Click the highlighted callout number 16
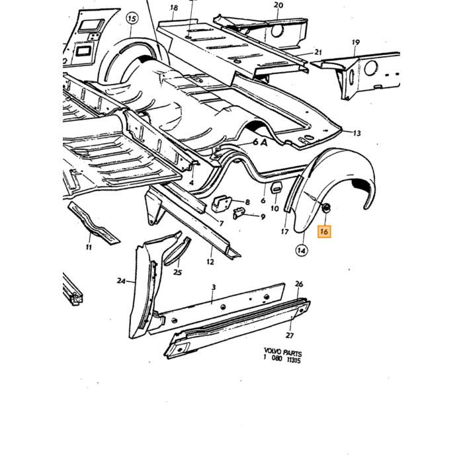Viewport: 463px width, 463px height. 324,232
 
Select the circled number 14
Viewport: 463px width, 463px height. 301,251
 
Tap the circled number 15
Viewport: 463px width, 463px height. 132,19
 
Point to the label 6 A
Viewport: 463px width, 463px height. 260,143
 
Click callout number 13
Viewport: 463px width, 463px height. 357,134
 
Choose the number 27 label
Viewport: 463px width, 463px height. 290,335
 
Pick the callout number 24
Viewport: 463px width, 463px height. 121,281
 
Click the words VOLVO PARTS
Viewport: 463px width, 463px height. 283,353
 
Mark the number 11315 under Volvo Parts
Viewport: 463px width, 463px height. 294,360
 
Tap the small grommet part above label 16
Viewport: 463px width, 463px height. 326,208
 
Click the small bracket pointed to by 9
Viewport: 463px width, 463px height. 239,214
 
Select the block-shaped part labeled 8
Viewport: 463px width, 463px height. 221,204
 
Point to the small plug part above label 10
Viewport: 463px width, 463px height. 276,188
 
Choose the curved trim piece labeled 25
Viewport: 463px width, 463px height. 177,249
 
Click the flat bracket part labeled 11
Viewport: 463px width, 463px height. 93,222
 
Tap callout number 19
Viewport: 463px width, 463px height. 356,42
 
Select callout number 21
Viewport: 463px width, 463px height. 317,52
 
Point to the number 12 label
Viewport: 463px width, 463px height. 210,262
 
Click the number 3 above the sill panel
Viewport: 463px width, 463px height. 214,287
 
